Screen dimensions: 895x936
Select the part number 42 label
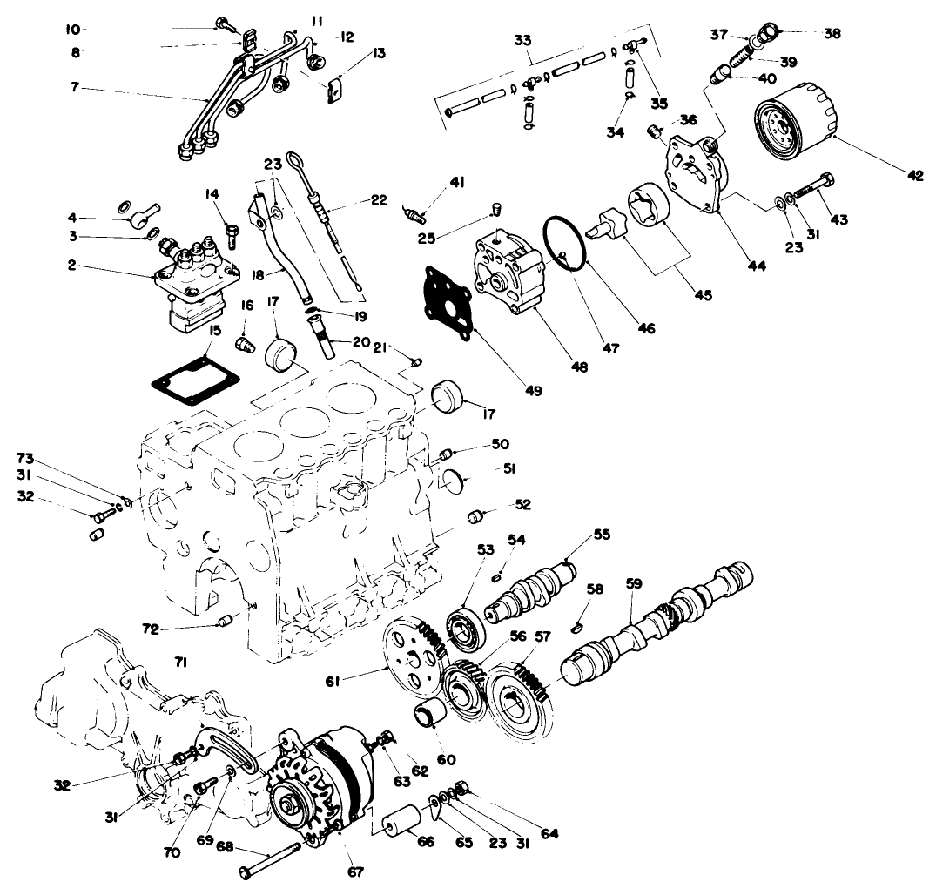913,175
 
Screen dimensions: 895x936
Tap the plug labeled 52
476,515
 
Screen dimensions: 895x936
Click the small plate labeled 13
332,90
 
